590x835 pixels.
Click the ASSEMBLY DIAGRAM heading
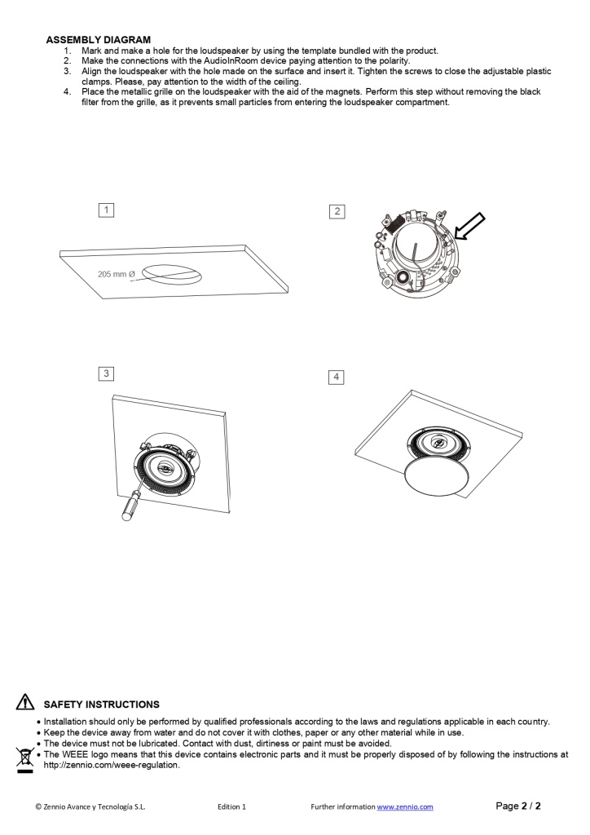coord(98,40)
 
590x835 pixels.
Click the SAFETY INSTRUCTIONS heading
coord(101,705)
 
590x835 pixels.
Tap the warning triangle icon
coord(25,703)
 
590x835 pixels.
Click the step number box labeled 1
coord(106,210)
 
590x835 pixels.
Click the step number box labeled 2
coord(337,211)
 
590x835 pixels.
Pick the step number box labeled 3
coord(106,373)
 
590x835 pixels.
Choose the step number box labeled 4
coord(336,377)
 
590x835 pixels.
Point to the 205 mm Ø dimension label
coord(116,275)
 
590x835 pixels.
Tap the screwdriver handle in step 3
coord(129,507)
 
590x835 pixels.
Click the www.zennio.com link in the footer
coord(404,807)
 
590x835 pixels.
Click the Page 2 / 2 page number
coord(518,806)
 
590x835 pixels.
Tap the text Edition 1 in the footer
coord(231,807)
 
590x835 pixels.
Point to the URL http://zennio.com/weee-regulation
coord(112,766)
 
